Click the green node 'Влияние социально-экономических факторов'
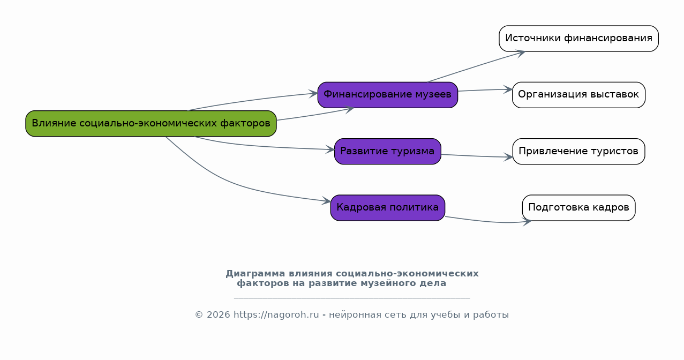[151, 123]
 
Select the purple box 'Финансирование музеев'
[387, 95]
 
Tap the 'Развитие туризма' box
[387, 151]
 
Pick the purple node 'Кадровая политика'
[387, 208]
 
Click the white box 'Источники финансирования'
[578, 39]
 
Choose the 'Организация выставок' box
[578, 95]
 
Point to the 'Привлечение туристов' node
[578, 151]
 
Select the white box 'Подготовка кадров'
[578, 208]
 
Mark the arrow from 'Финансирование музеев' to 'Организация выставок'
[485, 90]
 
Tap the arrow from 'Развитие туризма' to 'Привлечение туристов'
[477, 156]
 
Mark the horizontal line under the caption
[352, 298]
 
